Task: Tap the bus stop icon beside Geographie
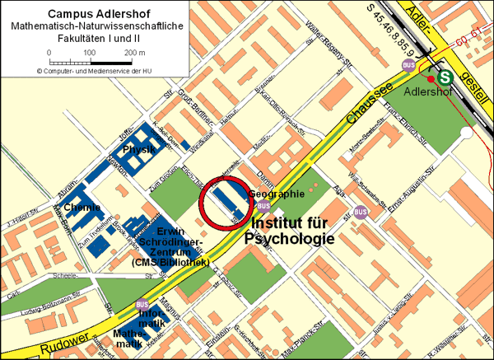pos(263,205)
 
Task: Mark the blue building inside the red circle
pos(225,201)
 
